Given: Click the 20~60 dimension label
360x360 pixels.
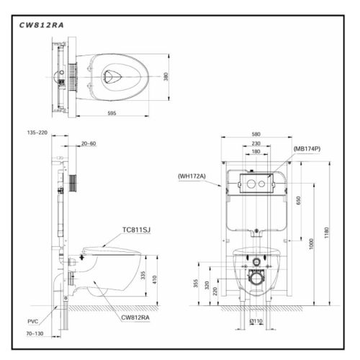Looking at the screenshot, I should tap(89, 143).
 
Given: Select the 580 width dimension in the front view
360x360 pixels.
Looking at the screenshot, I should tap(257, 133).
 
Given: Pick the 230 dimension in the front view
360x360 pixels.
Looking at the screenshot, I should tap(256, 143).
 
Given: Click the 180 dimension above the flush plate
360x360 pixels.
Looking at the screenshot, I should tap(256, 152).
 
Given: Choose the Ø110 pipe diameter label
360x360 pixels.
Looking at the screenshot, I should tap(256, 320).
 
